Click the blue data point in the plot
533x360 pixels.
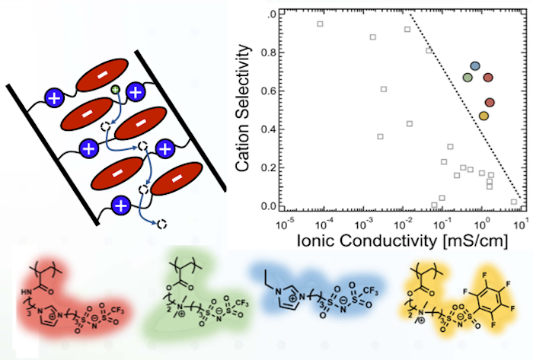(x=475, y=67)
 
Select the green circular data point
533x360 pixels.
(x=468, y=78)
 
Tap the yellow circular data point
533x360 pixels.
(x=484, y=116)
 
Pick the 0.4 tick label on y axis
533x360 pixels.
(x=266, y=129)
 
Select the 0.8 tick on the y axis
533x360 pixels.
(x=266, y=53)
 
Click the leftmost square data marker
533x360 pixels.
(x=321, y=24)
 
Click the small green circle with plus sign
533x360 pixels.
(x=115, y=91)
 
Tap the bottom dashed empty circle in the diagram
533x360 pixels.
(x=161, y=224)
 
